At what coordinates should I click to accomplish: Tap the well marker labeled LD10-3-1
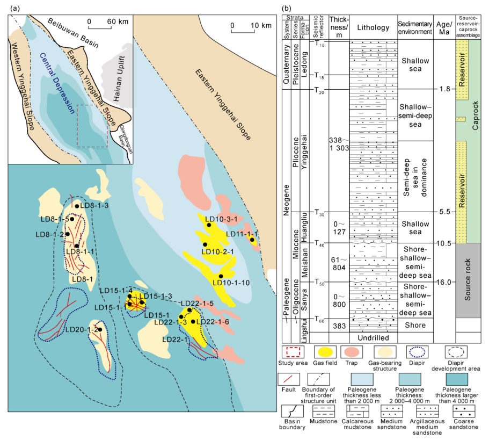(209, 225)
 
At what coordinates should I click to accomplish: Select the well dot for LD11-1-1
(251, 240)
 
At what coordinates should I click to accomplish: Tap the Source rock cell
(468, 279)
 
